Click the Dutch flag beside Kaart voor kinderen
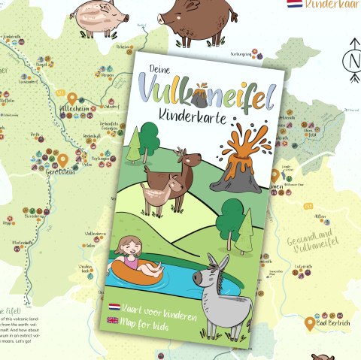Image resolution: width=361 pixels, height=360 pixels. pyautogui.click(x=114, y=307)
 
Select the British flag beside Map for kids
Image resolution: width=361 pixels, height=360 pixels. pyautogui.click(x=113, y=320)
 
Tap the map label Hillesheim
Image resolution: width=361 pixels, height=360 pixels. pyautogui.click(x=74, y=110)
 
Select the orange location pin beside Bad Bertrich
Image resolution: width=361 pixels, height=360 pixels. pyautogui.click(x=309, y=323)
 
